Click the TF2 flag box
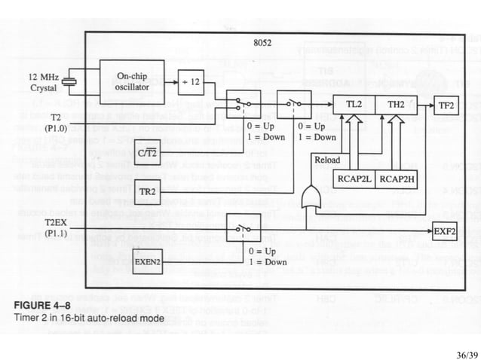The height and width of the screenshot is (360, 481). coord(446,106)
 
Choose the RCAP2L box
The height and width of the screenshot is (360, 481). coord(353,178)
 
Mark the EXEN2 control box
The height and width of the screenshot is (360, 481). coord(148,261)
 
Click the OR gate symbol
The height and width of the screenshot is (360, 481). coord(309,198)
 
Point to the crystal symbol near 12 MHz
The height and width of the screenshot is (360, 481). coord(69,82)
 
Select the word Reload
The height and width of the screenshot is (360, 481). coord(326,160)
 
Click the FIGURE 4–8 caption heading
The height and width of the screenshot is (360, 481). coord(44,304)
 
